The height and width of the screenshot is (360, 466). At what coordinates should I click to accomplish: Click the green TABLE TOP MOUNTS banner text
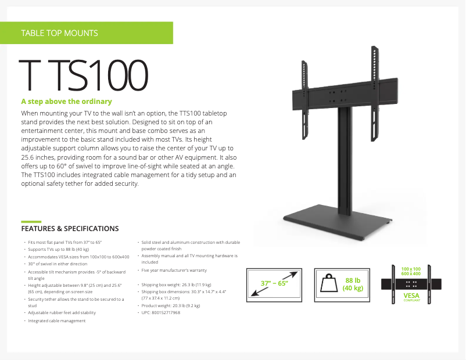59,33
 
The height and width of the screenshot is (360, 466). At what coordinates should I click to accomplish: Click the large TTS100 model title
83,75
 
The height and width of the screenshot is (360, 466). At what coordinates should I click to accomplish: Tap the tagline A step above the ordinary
66,101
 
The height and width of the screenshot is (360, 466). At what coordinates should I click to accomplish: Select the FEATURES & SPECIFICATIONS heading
70,228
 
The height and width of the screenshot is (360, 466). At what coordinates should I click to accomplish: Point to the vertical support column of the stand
345,160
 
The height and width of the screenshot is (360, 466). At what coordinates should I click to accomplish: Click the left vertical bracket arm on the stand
304,100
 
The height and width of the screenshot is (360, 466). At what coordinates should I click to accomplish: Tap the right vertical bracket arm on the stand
375,93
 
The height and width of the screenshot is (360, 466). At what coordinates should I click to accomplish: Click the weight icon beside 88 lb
329,283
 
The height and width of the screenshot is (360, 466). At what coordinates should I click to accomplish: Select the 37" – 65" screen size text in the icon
274,283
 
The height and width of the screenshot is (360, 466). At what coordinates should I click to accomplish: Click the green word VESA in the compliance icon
411,296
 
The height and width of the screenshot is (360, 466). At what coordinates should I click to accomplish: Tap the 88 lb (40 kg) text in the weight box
353,285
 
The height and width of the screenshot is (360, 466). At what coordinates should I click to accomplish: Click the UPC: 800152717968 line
161,312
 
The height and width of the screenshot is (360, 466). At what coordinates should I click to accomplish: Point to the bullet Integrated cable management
57,321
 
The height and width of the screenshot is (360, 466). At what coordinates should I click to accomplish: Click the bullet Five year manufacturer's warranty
174,271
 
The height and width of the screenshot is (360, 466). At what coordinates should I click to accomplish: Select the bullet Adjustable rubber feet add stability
62,312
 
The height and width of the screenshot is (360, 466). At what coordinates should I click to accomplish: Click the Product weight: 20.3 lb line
171,305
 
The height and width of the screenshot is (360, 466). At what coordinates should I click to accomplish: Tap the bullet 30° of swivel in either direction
58,264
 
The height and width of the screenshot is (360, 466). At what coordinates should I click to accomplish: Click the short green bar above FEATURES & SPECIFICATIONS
31,222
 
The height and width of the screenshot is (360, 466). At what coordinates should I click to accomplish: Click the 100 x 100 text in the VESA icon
411,269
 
